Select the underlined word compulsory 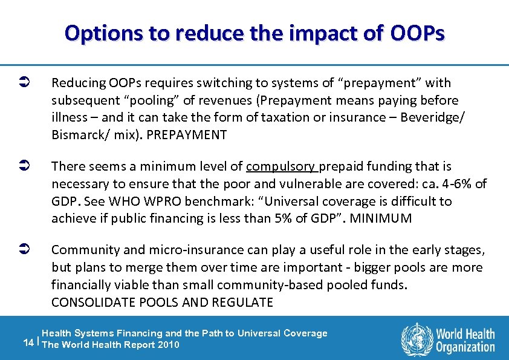click(x=281, y=166)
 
